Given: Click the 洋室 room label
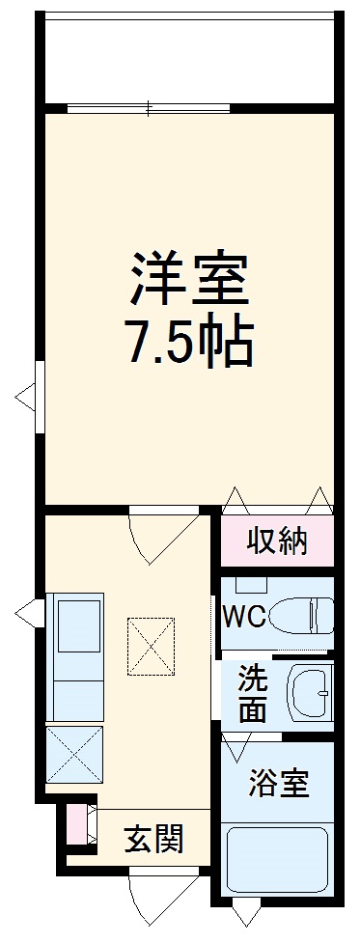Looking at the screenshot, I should pos(190,278).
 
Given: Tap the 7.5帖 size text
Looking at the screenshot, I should pos(190,340).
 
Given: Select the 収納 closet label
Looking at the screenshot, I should pos(277,541).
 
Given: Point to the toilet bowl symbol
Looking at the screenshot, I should pos(301,615).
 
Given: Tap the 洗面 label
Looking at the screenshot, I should pos(253,693).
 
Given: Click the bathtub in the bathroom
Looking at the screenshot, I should pos(278,862).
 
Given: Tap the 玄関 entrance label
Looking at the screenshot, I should pos(153,840).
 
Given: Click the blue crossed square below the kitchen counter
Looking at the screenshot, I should pos(75,754).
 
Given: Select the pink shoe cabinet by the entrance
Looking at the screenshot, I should pos(75,822).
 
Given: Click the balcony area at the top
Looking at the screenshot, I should pos(189,58).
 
